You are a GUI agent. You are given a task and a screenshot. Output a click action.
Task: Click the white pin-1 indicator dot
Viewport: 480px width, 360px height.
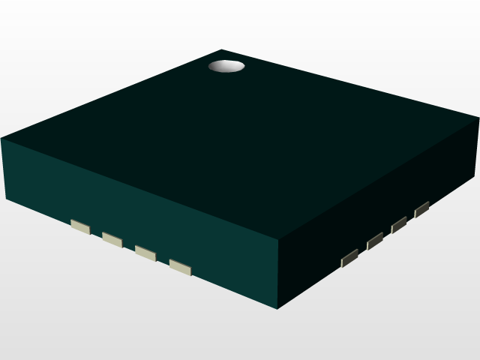(226, 67)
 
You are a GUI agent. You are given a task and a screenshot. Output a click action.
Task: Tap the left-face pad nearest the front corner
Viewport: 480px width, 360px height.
(180, 267)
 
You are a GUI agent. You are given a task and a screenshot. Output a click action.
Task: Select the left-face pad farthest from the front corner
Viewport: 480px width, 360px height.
(79, 226)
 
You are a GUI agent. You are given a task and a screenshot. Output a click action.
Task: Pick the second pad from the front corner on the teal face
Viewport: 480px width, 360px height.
(145, 253)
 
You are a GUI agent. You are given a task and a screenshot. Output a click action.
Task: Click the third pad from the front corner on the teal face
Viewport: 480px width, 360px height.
(112, 239)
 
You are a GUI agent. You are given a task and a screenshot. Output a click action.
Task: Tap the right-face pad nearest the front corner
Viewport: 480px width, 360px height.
(349, 258)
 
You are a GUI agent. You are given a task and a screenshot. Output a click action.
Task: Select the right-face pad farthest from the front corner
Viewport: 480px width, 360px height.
(421, 208)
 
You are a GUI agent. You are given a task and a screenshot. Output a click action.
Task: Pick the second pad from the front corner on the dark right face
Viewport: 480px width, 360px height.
(375, 241)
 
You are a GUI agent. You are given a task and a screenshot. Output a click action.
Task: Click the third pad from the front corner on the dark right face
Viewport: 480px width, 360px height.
(399, 224)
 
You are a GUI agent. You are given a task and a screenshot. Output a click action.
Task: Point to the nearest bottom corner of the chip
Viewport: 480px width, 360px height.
(279, 308)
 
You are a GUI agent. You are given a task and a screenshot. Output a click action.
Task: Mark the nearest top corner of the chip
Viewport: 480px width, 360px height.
(280, 240)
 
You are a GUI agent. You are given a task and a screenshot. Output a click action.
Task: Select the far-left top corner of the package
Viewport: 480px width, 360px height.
(1, 139)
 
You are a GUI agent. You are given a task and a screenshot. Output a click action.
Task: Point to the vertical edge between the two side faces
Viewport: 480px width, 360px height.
(280, 274)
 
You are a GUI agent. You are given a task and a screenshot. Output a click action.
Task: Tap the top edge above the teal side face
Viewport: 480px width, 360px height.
(142, 190)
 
